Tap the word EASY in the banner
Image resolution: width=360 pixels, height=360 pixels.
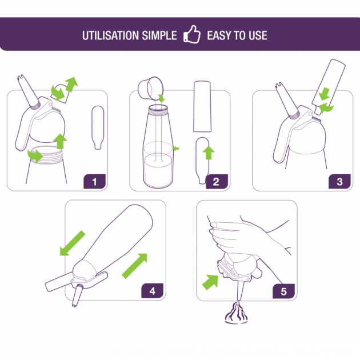tap(219, 35)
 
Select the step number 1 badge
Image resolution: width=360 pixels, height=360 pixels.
tap(94, 182)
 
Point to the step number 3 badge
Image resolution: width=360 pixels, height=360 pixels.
tap(339, 182)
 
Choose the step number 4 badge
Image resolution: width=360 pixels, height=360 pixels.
tap(152, 291)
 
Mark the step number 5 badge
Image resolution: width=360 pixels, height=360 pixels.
tap(283, 291)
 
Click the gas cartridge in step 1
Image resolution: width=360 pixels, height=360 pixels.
tap(98, 127)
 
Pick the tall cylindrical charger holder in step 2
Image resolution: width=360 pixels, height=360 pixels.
tap(204, 107)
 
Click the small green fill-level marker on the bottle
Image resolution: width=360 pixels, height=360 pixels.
tap(177, 148)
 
